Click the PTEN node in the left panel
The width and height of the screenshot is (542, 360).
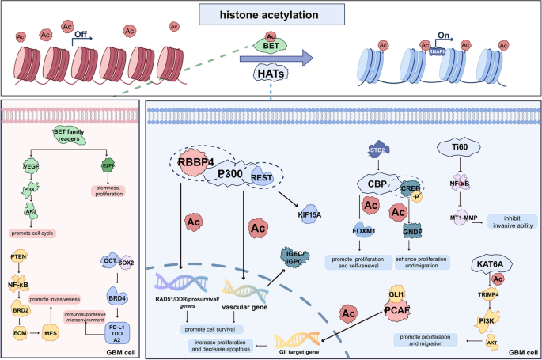coord(21,258)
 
